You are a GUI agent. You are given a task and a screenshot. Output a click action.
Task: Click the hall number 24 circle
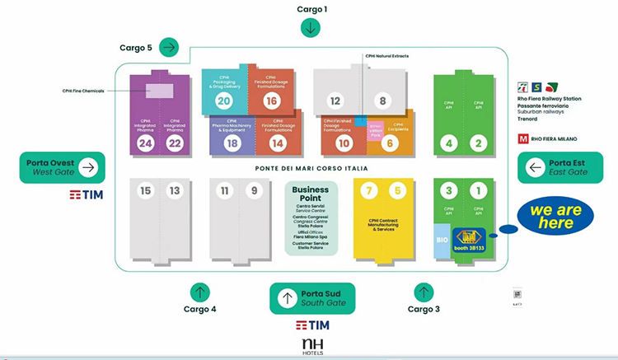146,143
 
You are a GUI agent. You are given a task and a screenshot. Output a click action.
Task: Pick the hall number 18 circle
231,143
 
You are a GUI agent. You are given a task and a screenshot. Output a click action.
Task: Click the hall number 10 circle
344,143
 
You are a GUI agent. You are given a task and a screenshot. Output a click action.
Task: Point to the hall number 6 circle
391,143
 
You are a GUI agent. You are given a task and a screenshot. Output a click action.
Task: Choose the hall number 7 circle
371,191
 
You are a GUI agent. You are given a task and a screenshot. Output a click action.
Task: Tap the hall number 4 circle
449,143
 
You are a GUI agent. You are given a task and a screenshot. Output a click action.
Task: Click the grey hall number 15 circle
146,191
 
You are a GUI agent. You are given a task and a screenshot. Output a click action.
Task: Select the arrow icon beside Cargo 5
170,47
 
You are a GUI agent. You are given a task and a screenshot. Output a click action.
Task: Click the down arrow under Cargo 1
311,27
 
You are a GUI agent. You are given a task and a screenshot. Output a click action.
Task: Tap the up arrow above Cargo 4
199,292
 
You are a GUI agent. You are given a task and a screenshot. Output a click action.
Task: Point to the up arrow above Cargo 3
424,292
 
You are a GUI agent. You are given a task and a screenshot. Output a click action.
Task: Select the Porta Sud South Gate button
312,298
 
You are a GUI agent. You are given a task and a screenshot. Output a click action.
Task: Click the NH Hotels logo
312,346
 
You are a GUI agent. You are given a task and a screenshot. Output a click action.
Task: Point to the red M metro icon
522,139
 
